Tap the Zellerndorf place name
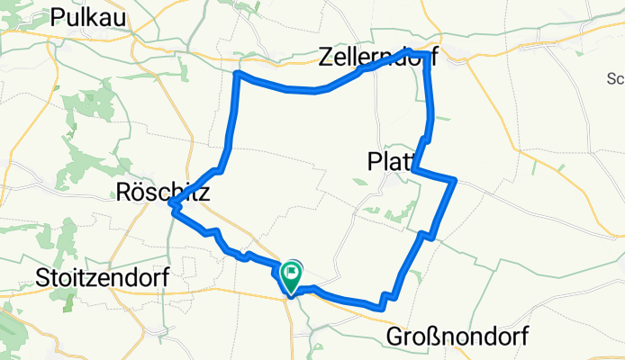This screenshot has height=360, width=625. click(378, 58)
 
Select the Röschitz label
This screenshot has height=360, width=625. click(163, 192)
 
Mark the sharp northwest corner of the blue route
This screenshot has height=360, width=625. click(237, 74)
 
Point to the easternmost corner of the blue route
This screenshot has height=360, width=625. click(456, 181)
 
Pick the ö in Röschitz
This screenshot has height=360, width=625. click(140, 192)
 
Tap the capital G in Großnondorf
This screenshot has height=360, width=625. click(395, 337)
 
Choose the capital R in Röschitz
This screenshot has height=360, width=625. click(124, 192)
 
